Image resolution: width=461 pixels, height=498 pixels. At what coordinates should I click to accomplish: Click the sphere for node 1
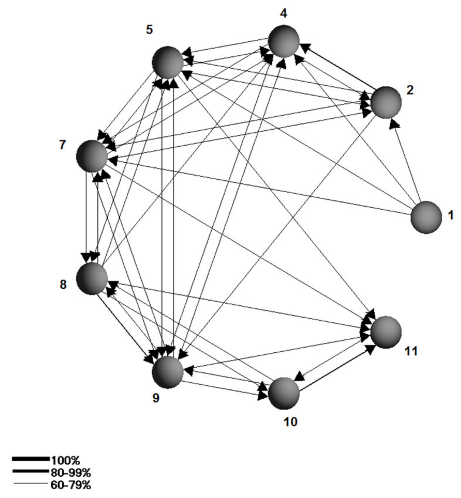(x=426, y=217)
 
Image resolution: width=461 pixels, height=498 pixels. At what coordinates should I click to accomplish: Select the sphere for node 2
(x=386, y=102)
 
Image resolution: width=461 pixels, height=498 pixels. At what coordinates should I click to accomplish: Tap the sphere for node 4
(x=284, y=41)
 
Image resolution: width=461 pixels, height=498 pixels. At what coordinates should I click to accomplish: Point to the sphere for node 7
(x=92, y=156)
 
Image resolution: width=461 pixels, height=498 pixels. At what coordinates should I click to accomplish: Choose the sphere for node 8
(x=92, y=278)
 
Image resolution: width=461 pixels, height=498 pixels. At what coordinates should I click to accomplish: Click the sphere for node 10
(x=284, y=393)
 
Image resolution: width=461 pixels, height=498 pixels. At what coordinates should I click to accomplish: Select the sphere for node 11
(x=386, y=332)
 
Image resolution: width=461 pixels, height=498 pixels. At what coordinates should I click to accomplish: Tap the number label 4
(x=284, y=13)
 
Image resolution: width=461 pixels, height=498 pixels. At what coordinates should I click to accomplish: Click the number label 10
(x=291, y=422)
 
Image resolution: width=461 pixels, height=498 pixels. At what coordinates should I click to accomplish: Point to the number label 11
(x=411, y=351)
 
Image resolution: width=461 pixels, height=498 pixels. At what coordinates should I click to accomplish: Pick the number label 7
(x=62, y=145)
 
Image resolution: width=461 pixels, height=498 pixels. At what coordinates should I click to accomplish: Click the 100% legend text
(x=65, y=460)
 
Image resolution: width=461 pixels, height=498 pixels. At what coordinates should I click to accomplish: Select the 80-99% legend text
(x=71, y=472)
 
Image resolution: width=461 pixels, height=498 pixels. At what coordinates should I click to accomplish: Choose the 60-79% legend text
(x=71, y=485)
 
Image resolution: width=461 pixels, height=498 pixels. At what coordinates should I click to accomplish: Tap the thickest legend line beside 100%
(x=31, y=459)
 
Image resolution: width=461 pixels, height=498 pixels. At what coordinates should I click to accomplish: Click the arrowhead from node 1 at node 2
(x=394, y=124)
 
